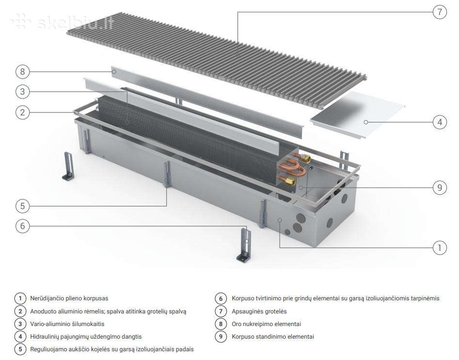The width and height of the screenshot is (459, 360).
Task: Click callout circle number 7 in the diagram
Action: (x=440, y=12)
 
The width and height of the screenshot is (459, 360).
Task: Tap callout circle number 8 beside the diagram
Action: (x=23, y=72)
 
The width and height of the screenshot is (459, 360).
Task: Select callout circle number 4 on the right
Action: (x=440, y=122)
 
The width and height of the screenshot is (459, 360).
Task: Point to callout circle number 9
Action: (x=440, y=187)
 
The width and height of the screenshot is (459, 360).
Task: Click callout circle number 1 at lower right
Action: (x=440, y=248)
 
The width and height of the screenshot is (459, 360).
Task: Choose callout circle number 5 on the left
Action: (x=23, y=206)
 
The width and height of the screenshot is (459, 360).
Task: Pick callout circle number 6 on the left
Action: (x=23, y=226)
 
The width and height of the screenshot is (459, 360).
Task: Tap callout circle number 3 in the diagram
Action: (x=23, y=92)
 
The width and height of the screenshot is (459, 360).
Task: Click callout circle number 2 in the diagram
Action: (x=23, y=113)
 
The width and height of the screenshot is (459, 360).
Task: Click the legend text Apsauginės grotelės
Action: (x=259, y=311)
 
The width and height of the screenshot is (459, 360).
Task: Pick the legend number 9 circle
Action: (x=221, y=337)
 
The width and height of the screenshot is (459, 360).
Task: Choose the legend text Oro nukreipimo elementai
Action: (x=266, y=324)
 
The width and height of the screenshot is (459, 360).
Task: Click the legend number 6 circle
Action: (x=221, y=298)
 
